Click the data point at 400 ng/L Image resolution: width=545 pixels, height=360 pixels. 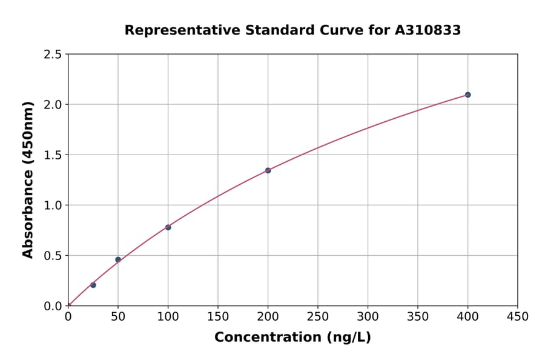[467, 95]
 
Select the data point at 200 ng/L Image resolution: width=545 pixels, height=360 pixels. [268, 170]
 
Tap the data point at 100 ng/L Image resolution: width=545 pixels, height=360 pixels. [168, 227]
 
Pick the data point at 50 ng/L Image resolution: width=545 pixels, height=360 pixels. [118, 259]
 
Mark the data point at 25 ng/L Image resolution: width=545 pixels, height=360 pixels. [93, 285]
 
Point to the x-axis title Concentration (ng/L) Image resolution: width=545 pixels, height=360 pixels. [292, 338]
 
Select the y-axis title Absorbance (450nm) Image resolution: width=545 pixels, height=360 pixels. [28, 180]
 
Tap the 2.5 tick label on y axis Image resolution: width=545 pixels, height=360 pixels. [52, 55]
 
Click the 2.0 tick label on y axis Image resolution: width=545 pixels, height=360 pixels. [52, 105]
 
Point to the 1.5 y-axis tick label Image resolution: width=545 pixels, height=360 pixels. [52, 155]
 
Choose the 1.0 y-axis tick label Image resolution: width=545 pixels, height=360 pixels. [52, 205]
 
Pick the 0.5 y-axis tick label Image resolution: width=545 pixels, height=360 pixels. [52, 256]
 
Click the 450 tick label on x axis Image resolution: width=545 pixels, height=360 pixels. [518, 316]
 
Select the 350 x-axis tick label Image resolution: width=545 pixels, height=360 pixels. [418, 316]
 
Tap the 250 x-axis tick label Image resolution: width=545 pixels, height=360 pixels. [318, 316]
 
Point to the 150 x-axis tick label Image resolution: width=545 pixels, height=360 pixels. [218, 316]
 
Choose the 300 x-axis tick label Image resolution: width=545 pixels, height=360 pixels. [368, 316]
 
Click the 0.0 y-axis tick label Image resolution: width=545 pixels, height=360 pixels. [52, 306]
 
